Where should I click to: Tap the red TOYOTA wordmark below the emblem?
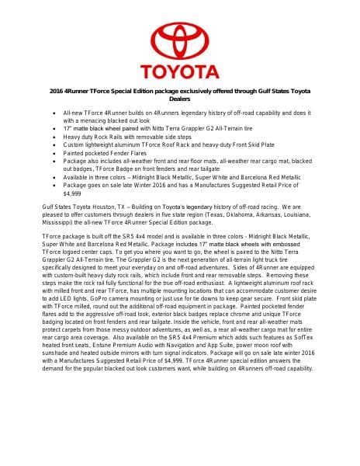coord(179,74)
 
